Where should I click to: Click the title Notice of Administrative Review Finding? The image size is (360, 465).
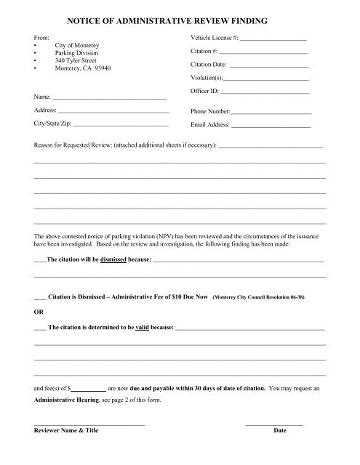coord(180,13)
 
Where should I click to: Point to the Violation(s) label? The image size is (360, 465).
coord(207,78)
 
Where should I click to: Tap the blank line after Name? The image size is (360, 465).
coord(110,97)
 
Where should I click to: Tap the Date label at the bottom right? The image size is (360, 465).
coord(280,431)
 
